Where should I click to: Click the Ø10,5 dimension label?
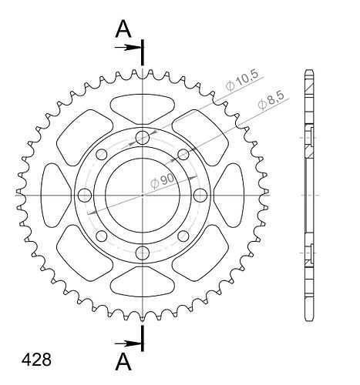[241, 80]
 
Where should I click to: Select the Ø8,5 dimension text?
[271, 101]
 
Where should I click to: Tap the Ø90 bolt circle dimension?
[163, 181]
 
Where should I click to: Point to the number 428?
[36, 360]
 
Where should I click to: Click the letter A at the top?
[123, 29]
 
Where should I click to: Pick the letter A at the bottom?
[123, 361]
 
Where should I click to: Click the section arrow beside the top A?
[128, 48]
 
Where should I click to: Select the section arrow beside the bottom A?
[128, 343]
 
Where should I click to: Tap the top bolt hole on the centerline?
[143, 138]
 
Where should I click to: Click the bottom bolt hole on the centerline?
[143, 253]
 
